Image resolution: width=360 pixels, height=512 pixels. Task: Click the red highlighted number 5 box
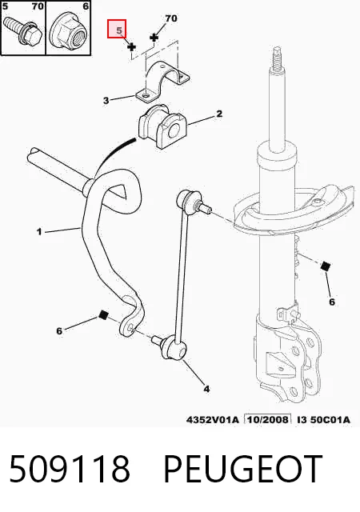[117, 29]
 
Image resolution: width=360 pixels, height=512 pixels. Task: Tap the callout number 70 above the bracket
[171, 18]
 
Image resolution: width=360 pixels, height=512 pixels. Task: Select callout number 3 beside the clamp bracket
[106, 101]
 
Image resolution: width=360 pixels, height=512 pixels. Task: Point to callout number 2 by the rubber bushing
[219, 114]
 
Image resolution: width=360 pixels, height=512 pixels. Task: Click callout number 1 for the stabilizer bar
[39, 232]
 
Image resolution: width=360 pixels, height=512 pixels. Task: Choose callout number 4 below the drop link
[206, 389]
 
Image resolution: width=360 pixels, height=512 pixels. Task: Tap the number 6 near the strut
[332, 302]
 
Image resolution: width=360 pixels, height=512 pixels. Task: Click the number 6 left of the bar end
[59, 331]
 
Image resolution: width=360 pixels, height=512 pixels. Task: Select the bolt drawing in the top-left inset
[22, 31]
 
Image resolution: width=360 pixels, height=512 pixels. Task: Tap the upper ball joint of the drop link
[188, 200]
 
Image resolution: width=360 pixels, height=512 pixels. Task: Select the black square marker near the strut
[325, 266]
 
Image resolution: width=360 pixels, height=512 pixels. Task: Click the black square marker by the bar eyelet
[103, 314]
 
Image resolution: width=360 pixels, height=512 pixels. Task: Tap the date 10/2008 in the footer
[268, 419]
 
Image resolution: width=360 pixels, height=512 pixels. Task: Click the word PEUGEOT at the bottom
[242, 469]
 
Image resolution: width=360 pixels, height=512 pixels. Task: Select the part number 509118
[70, 469]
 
